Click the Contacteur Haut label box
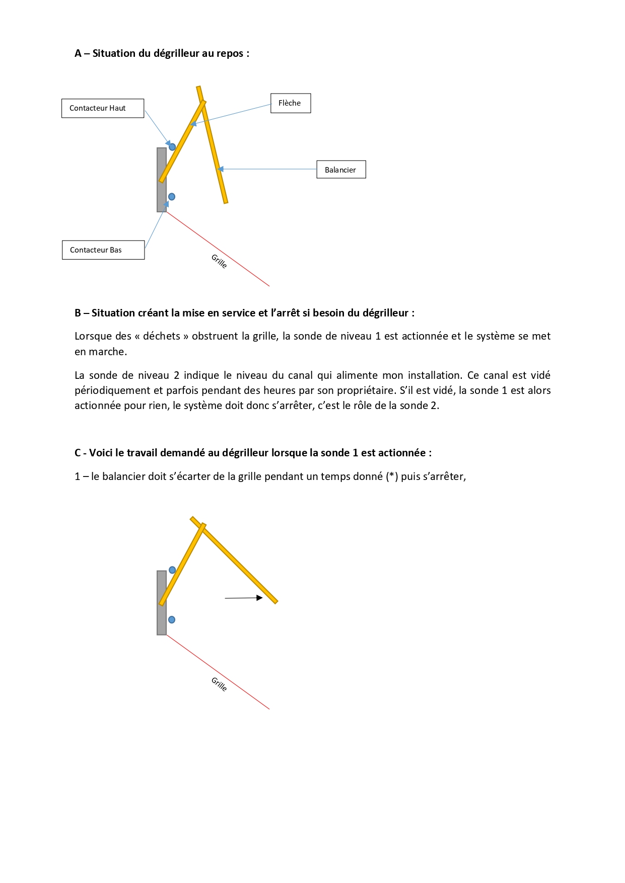tap(103, 108)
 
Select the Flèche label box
tap(291, 103)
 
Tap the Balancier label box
tap(341, 170)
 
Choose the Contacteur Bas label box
tap(103, 250)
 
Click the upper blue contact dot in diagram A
tap(172, 147)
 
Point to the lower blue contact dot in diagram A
tap(172, 197)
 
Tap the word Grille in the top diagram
tap(219, 261)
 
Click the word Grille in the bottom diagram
tap(219, 684)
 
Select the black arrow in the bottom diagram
tap(244, 598)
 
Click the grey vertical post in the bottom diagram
tap(162, 619)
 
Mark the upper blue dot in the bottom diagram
tap(172, 570)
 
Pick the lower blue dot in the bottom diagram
tap(172, 620)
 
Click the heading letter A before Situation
tap(78, 53)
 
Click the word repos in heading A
tap(230, 54)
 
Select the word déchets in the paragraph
tap(162, 336)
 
